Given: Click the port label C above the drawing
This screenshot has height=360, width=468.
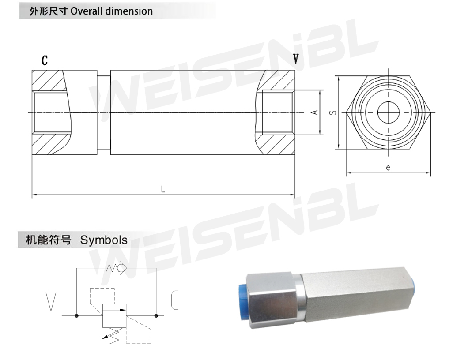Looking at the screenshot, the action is coord(45,60).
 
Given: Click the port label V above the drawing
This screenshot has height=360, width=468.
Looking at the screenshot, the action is coord(296,59).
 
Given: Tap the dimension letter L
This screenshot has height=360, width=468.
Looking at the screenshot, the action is coord(163,189).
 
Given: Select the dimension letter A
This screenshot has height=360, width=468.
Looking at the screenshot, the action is coord(314,112).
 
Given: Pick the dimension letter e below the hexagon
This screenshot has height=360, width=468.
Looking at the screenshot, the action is coord(388,168).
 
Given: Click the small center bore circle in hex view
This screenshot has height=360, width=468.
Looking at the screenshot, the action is coord(389,112).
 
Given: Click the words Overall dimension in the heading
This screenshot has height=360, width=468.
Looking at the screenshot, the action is coord(112,11).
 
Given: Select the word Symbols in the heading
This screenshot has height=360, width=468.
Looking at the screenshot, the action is coord(104,240).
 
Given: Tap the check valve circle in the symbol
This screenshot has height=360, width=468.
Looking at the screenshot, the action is coord(121,268).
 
